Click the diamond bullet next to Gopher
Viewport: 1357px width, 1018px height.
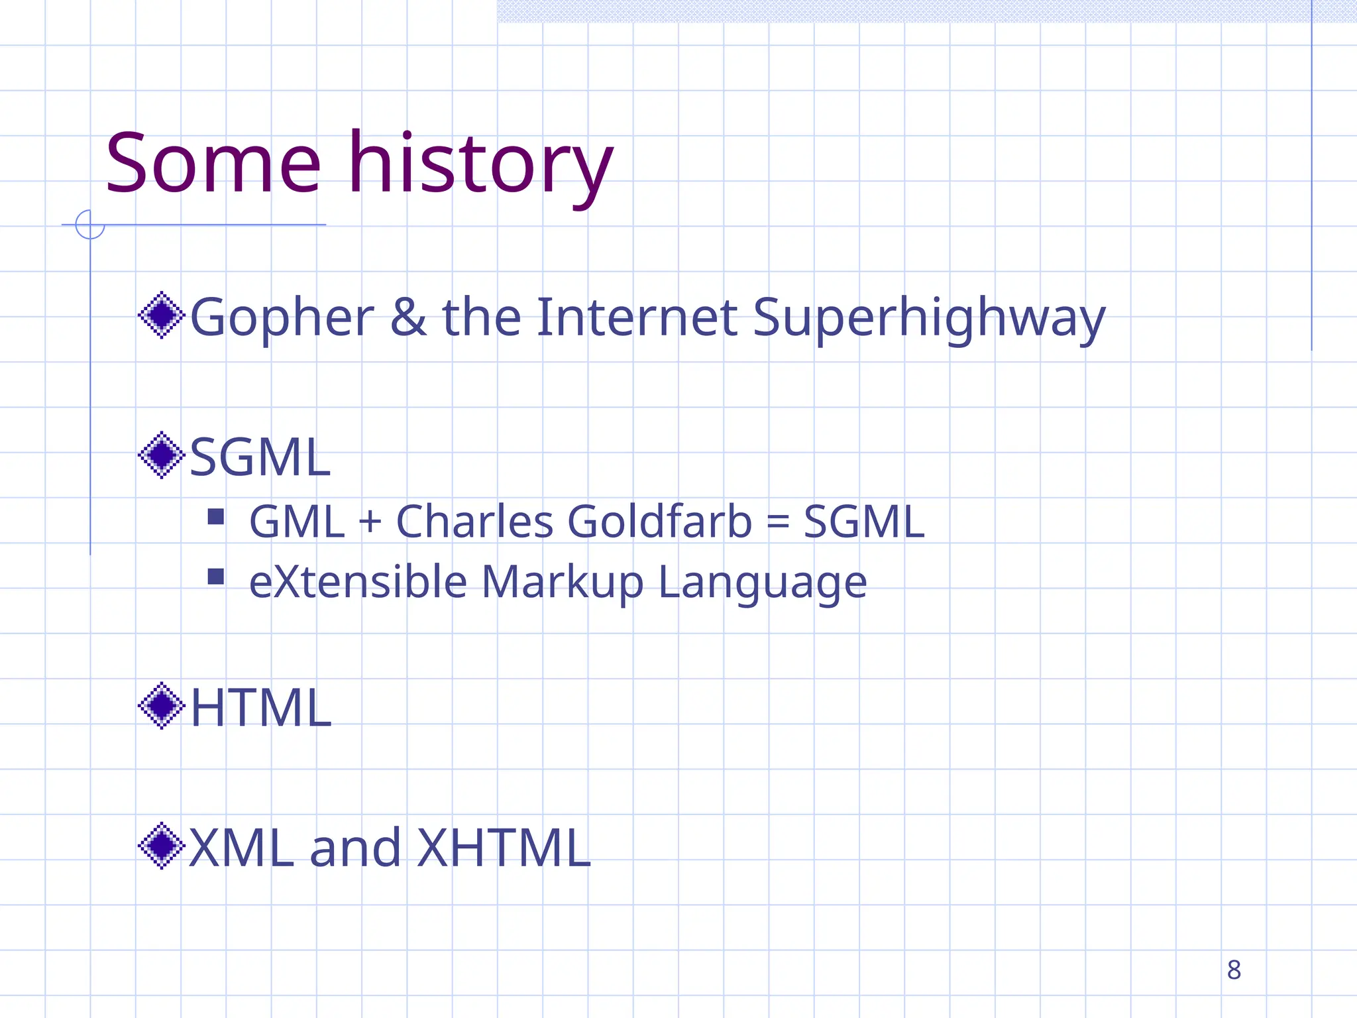click(161, 315)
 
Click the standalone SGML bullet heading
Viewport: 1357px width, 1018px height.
click(260, 457)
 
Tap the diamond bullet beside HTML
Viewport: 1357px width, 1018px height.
click(161, 706)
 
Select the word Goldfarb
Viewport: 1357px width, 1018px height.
click(659, 522)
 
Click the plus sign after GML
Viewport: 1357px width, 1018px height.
click(370, 522)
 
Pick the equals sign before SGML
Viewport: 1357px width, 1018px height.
click(777, 522)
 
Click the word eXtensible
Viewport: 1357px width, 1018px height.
click(358, 582)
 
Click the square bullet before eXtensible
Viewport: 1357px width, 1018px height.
click(215, 577)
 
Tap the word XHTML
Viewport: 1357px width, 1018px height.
click(503, 848)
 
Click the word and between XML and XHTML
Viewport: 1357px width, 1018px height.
click(355, 848)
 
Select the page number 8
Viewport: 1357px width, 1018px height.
click(1234, 970)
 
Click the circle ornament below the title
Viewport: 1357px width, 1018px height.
click(90, 225)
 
